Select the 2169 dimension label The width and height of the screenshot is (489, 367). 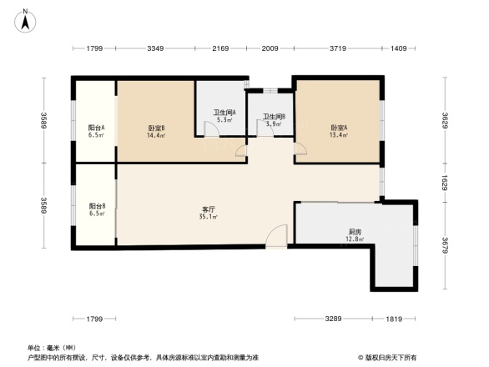(219, 49)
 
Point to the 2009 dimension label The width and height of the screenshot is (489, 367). (270, 49)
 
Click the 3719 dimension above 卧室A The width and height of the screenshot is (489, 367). (337, 49)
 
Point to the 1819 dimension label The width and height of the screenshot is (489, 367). (395, 319)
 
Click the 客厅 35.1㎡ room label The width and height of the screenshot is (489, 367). (209, 213)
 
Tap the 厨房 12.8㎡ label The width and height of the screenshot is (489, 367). (355, 235)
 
